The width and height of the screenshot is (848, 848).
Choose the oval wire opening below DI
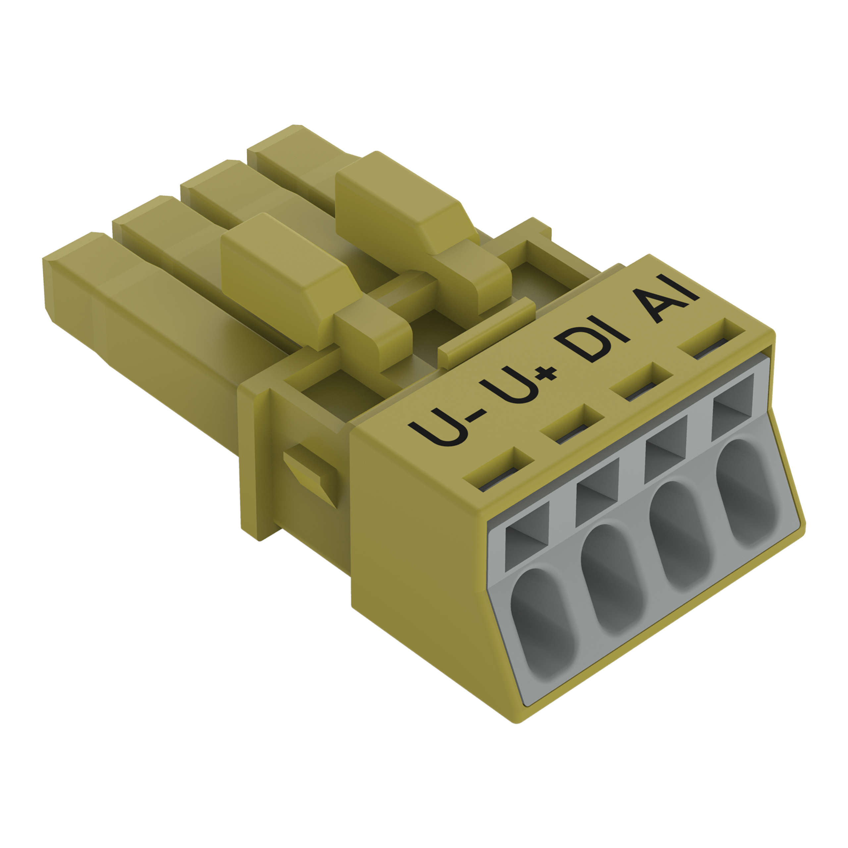682,536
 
